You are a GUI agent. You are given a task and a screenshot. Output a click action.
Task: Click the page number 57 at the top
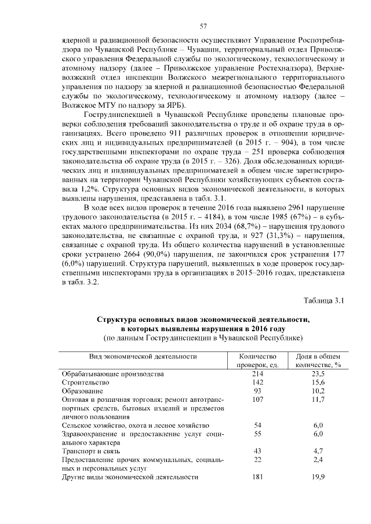point(203,26)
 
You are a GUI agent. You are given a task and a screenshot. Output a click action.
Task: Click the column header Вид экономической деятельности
point(142,356)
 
